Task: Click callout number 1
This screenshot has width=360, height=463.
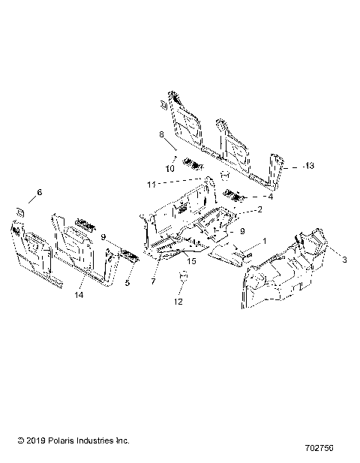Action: click(263, 242)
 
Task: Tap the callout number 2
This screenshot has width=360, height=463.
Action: click(259, 210)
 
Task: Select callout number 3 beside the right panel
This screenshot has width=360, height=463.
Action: click(344, 260)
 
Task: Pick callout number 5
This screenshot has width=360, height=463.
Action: click(127, 284)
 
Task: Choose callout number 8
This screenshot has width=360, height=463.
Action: click(160, 134)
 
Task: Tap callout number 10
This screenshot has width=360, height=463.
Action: click(169, 169)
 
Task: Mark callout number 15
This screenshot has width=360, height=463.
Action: click(191, 261)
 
